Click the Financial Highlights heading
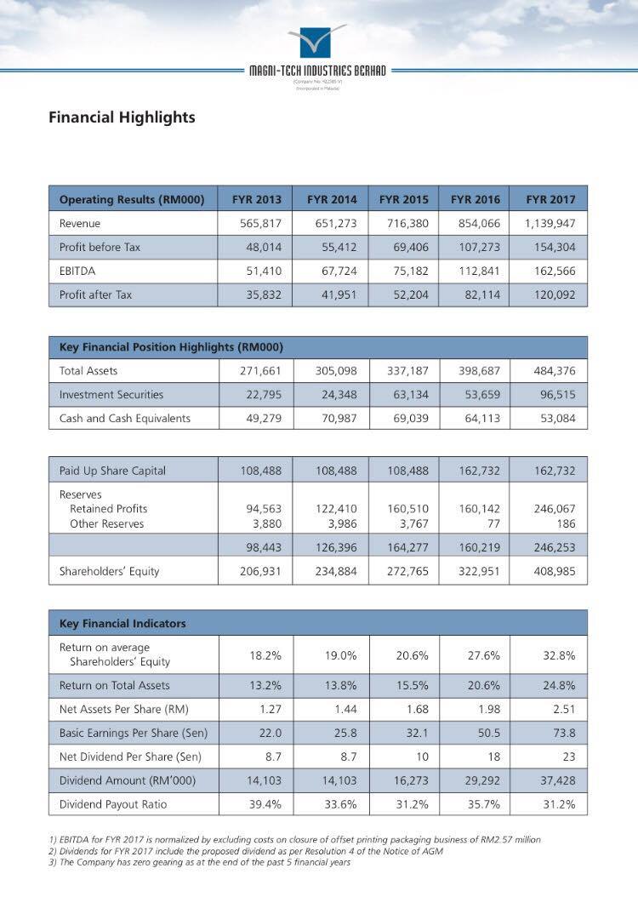click(x=122, y=117)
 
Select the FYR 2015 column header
click(x=403, y=200)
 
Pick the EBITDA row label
click(x=76, y=271)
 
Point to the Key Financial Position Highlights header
click(x=171, y=347)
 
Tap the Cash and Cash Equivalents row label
click(x=124, y=419)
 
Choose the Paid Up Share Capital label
click(x=112, y=471)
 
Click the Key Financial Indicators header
click(x=122, y=624)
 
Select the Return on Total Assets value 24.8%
click(x=559, y=685)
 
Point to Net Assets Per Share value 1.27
click(x=271, y=709)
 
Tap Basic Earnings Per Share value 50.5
click(x=488, y=733)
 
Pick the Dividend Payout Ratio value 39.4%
click(x=265, y=804)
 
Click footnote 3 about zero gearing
click(x=199, y=862)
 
